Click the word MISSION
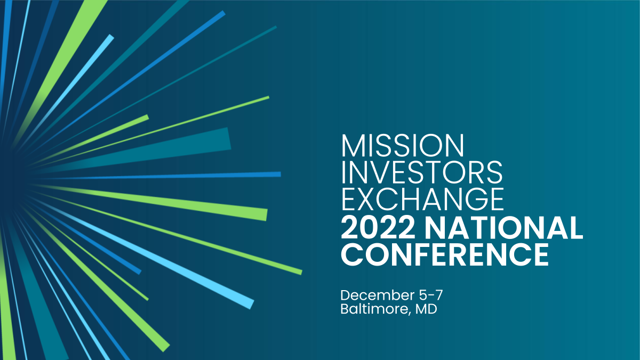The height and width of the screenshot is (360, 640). tap(403, 146)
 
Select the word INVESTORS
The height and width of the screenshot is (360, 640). tap(422, 172)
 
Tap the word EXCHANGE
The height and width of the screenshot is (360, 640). tap(422, 198)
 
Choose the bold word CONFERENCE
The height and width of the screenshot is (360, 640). tap(445, 254)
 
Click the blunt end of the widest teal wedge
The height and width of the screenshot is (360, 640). tap(229, 139)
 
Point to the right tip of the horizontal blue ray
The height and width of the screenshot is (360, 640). tap(279, 174)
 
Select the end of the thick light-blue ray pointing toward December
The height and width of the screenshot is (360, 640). tap(251, 303)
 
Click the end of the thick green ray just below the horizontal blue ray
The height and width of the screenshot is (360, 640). tap(266, 214)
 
